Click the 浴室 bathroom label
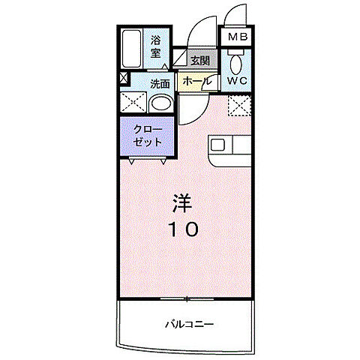pyautogui.click(x=157, y=46)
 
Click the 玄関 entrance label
pyautogui.click(x=199, y=61)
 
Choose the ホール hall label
pyautogui.click(x=196, y=81)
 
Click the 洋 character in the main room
pyautogui.click(x=182, y=203)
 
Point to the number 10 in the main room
pyautogui.click(x=182, y=229)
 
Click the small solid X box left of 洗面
pyautogui.click(x=123, y=77)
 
